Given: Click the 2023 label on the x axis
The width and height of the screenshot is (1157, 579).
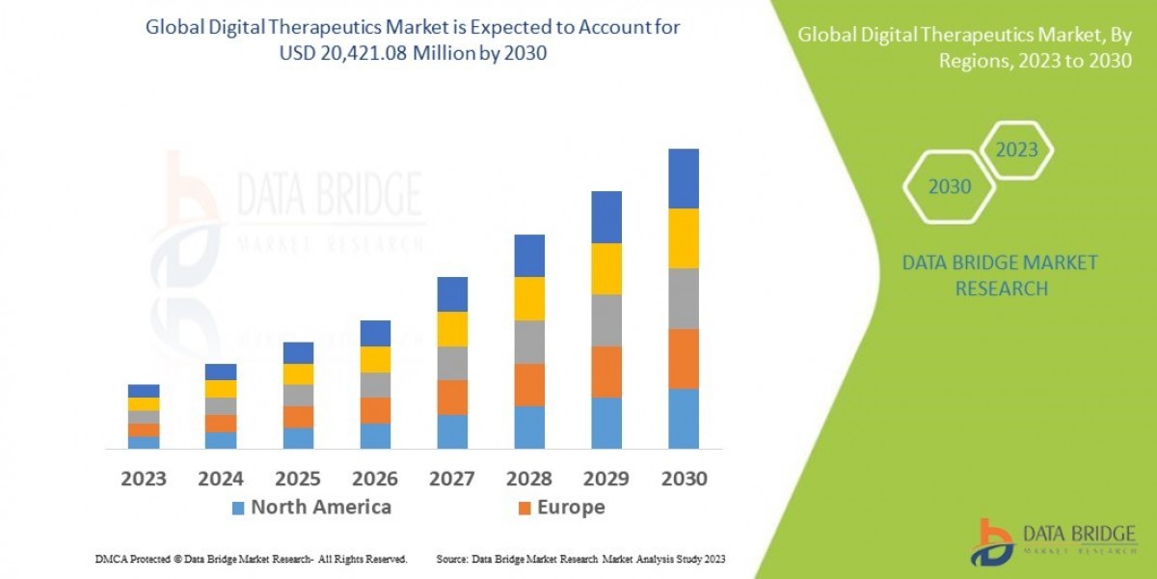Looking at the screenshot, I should click(x=143, y=478).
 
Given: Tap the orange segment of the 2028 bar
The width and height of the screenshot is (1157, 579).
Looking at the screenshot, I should click(x=528, y=384).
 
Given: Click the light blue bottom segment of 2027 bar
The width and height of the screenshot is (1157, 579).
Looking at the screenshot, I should click(x=451, y=431).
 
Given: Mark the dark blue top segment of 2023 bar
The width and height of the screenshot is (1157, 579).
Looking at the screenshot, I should click(x=143, y=391).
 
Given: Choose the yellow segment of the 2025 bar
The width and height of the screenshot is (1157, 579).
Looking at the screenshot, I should click(x=297, y=374).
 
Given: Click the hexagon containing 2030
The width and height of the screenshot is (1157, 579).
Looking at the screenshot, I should click(x=950, y=187).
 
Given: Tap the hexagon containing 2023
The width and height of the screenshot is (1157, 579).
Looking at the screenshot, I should click(x=1016, y=151).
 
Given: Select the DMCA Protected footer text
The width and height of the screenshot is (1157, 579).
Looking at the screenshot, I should click(x=251, y=559).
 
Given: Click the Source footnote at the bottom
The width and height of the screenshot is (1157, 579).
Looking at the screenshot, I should click(x=580, y=559).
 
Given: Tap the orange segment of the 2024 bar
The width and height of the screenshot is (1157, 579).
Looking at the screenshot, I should click(x=220, y=423).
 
